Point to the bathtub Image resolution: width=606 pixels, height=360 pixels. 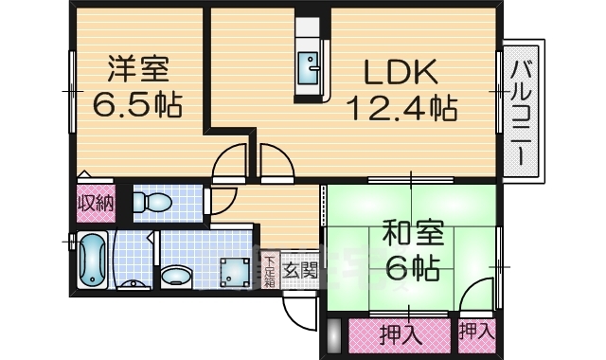[x=92, y=260]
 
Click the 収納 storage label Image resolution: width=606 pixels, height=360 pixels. [x=95, y=202]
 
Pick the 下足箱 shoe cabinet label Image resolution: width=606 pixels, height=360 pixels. [x=269, y=271]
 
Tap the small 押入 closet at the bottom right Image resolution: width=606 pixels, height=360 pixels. [x=475, y=332]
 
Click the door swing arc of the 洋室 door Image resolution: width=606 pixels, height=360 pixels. [x=228, y=160]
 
